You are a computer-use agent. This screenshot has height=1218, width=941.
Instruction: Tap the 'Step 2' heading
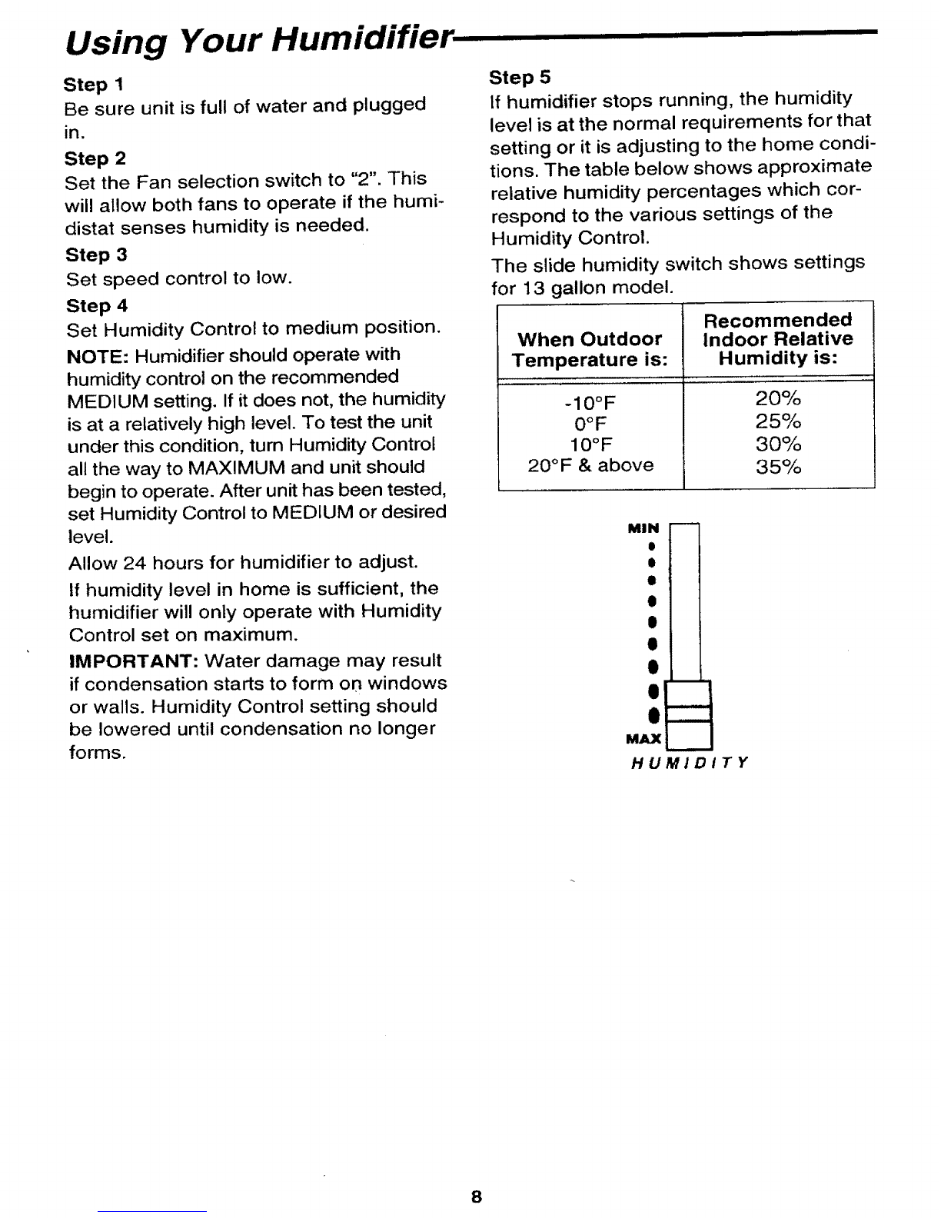[x=95, y=158]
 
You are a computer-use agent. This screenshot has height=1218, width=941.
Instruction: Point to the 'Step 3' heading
[x=96, y=255]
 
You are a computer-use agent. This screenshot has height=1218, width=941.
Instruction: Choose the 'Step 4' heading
[x=96, y=306]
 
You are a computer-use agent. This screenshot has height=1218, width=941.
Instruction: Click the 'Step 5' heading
[x=520, y=77]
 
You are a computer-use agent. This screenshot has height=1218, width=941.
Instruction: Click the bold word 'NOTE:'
[x=91, y=355]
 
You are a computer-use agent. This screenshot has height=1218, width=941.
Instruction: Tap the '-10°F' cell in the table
[x=590, y=404]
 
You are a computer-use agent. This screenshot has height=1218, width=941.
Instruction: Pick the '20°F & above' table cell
[x=590, y=465]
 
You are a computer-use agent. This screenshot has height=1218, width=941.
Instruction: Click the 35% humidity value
[x=778, y=467]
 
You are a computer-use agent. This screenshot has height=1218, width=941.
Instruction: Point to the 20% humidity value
[x=778, y=399]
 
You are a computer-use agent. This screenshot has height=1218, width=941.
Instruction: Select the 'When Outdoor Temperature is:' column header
[x=590, y=350]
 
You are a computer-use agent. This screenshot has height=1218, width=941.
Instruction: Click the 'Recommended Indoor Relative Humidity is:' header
[x=778, y=339]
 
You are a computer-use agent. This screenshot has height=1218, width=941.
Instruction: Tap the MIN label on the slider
[x=643, y=528]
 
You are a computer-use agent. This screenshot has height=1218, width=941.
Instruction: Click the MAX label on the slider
[x=643, y=740]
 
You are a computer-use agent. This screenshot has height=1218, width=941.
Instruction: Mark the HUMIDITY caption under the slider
[x=689, y=764]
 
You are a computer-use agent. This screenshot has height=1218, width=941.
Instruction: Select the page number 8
[x=477, y=1197]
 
